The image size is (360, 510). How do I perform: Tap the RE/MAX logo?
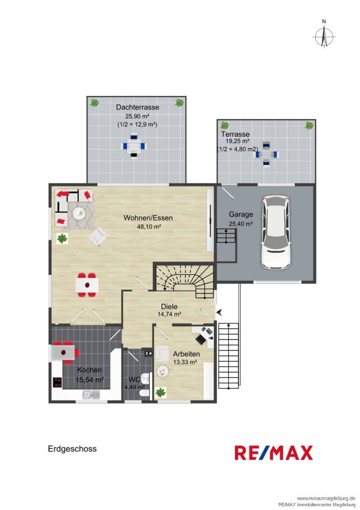click(x=274, y=453)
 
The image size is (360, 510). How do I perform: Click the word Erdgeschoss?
click(x=72, y=449)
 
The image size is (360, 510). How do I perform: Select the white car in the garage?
click(x=277, y=232)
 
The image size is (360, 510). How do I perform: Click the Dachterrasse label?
click(x=138, y=107)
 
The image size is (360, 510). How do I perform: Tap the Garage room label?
click(x=241, y=214)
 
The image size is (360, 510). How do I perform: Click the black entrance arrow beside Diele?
click(x=219, y=313)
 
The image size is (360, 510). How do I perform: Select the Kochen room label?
click(x=89, y=370)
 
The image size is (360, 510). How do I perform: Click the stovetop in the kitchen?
click(x=58, y=382)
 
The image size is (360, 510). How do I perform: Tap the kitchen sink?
click(x=92, y=395)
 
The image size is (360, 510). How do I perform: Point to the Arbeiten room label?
click(x=186, y=354)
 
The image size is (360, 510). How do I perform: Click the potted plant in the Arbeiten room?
click(x=160, y=392)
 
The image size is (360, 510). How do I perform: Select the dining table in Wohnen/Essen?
click(x=87, y=285)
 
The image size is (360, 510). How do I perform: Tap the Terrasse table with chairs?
click(x=266, y=154)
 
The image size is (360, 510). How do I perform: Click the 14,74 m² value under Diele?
click(x=169, y=314)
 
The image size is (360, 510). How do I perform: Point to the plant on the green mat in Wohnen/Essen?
click(x=62, y=239)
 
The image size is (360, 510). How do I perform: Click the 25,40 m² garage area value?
click(x=241, y=224)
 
